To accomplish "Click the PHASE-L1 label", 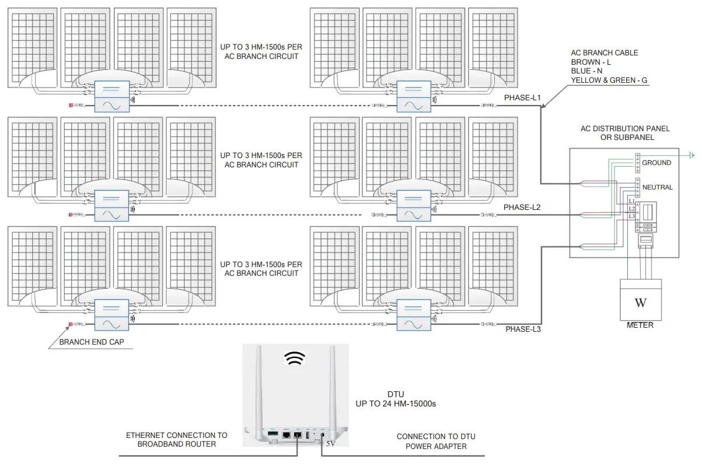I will click(x=523, y=98).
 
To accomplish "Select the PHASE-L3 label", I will click(x=523, y=329).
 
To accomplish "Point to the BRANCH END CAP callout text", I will click(x=92, y=342).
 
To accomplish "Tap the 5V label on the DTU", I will click(x=331, y=444).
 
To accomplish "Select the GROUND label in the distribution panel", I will click(x=656, y=163).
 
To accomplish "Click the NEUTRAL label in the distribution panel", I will click(x=657, y=187).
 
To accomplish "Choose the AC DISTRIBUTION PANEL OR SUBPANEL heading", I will click(x=625, y=133).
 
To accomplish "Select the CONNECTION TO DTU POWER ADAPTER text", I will click(x=431, y=441).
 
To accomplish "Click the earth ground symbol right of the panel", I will click(x=692, y=155).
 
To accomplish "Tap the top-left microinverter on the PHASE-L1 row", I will click(x=111, y=96).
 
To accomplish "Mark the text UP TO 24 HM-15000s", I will click(x=396, y=404).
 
